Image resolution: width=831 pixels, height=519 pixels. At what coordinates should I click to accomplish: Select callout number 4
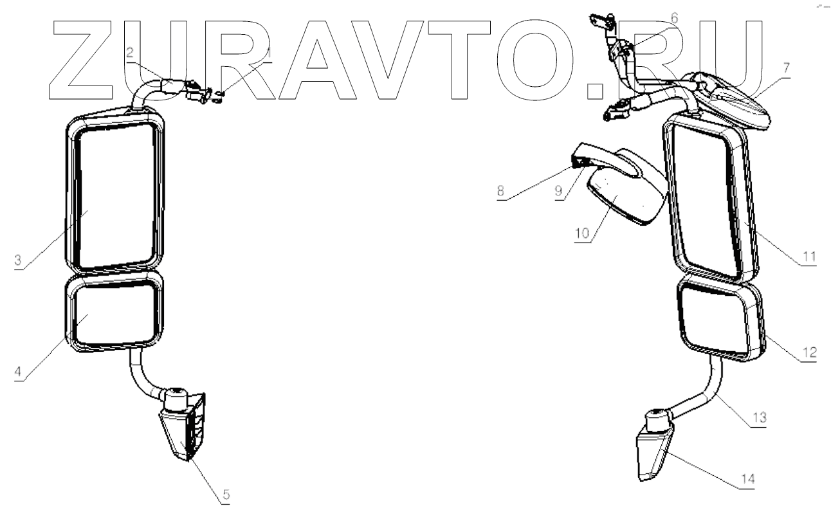click(18, 372)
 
